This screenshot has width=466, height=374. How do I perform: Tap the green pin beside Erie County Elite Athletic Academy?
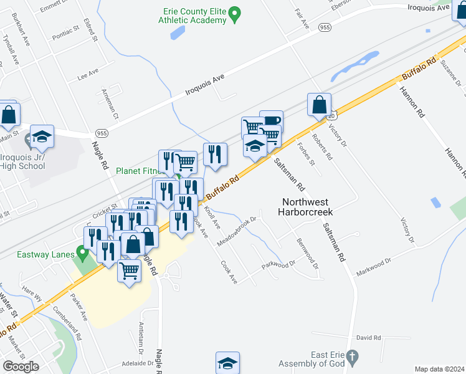coord(235,13)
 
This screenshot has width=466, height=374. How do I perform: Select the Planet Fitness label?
coord(140,170)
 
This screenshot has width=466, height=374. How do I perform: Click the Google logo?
coord(21,367)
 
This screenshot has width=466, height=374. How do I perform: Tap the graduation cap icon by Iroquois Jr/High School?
coord(42,136)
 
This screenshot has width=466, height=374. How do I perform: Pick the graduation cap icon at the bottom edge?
coord(228,363)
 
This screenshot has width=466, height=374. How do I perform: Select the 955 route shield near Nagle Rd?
coord(102,133)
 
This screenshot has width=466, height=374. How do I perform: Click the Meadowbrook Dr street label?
coord(237,231)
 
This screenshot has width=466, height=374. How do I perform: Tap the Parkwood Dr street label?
coord(278,265)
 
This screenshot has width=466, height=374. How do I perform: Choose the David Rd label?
coord(369,338)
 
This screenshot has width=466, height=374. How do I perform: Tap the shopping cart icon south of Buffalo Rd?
coord(129,271)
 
